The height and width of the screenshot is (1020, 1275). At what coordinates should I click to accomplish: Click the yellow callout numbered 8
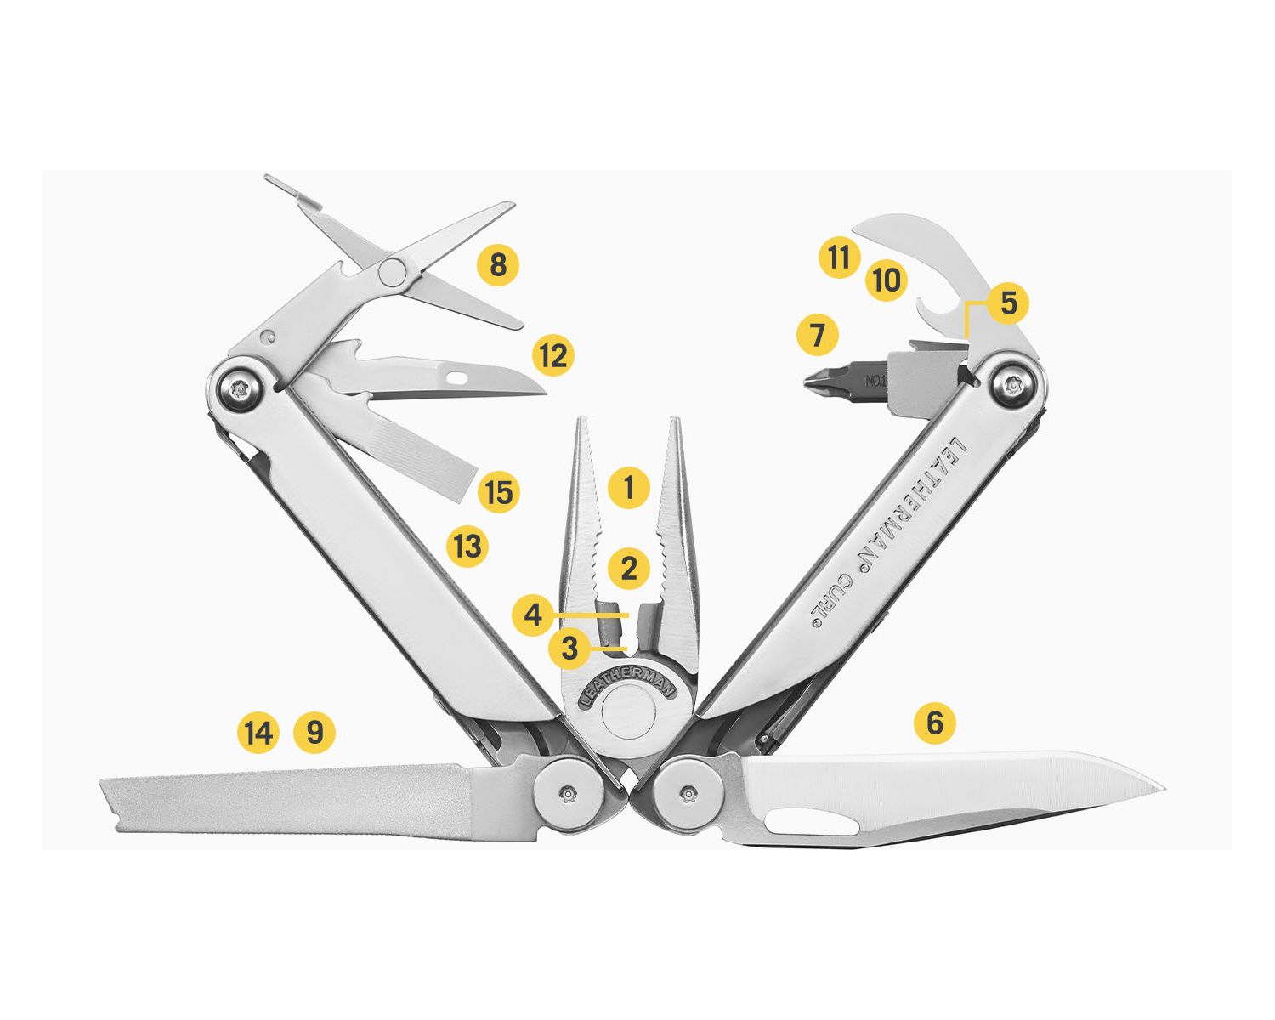(x=498, y=264)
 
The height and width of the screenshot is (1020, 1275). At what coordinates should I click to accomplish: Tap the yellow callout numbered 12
(x=553, y=355)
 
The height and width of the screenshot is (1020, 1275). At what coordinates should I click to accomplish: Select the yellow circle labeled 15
(x=498, y=492)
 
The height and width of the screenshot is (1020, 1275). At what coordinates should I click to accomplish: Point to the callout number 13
(x=467, y=545)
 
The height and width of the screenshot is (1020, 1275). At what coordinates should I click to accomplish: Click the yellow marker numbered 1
(x=629, y=487)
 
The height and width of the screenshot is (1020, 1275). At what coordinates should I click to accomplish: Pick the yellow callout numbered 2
(x=628, y=569)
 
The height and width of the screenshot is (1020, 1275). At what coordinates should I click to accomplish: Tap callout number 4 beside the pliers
(x=533, y=615)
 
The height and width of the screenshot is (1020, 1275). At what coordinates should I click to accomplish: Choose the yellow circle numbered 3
(x=569, y=649)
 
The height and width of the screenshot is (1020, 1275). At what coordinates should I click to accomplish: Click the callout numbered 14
(x=258, y=733)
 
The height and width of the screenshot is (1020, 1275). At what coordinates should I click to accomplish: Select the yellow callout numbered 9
(x=314, y=733)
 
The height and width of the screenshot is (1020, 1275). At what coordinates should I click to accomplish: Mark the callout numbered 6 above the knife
(x=935, y=722)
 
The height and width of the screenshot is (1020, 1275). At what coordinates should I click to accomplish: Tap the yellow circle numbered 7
(x=818, y=335)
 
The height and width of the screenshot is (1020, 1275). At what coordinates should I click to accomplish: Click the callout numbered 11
(x=839, y=258)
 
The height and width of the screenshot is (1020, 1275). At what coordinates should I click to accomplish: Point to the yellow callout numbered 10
(x=887, y=280)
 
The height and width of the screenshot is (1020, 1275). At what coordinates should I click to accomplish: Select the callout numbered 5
(x=1008, y=303)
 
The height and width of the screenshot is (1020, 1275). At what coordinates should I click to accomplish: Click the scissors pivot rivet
(x=393, y=271)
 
